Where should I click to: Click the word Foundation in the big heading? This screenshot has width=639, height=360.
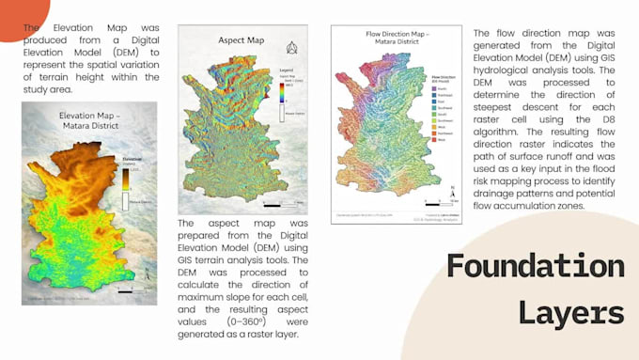(x=535, y=266)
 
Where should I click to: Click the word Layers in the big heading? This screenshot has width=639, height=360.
(x=575, y=311)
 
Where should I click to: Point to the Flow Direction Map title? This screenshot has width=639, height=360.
(x=397, y=39)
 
